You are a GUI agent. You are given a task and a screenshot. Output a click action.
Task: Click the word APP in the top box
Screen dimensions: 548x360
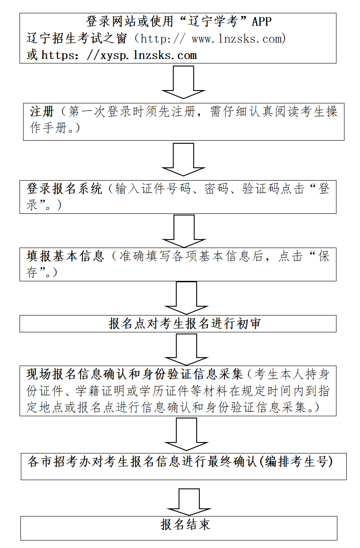pyautogui.click(x=261, y=21)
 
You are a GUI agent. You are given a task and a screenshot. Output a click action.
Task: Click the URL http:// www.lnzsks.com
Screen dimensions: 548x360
pyautogui.click(x=214, y=39)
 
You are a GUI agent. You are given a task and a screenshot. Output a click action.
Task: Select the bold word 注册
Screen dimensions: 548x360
pyautogui.click(x=42, y=111)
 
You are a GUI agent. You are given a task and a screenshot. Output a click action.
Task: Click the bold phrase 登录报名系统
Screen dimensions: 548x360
pyautogui.click(x=64, y=189)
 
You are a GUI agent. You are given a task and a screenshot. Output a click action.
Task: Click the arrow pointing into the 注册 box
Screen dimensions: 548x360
pyautogui.click(x=183, y=83)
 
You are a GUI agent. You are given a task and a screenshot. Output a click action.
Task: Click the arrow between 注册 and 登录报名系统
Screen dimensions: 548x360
pyautogui.click(x=183, y=159)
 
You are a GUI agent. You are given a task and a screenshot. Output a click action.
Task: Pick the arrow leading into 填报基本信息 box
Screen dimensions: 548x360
pyautogui.click(x=183, y=231)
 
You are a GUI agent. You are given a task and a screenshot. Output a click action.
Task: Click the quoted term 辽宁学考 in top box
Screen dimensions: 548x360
pyautogui.click(x=215, y=21)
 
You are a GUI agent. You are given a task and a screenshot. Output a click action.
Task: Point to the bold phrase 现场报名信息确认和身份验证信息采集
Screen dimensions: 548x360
pyautogui.click(x=135, y=374)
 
